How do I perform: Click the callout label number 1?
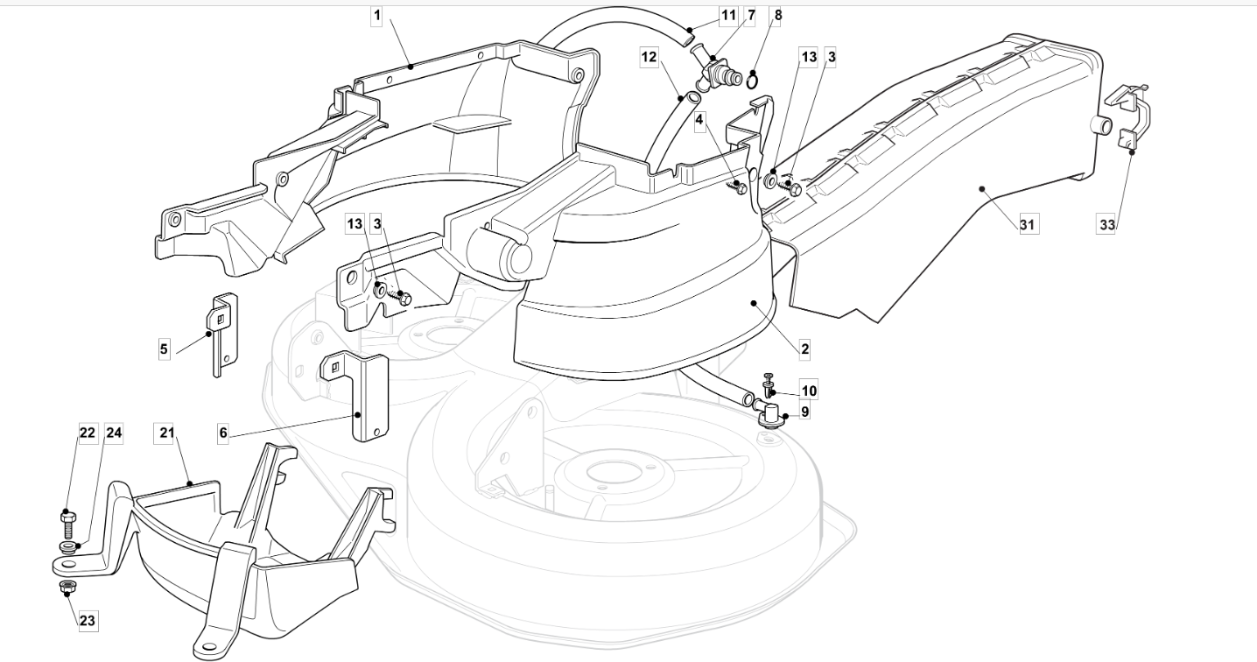(x=377, y=16)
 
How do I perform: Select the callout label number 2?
(x=804, y=349)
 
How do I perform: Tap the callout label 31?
(x=1027, y=224)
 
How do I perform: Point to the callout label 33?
(x=1107, y=224)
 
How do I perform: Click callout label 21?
(x=166, y=433)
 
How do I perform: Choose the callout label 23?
(x=88, y=621)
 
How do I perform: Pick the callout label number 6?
(x=223, y=433)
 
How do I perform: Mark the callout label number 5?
(x=164, y=349)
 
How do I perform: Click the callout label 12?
(x=650, y=57)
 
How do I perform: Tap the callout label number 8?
(x=778, y=15)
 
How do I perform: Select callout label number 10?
(x=809, y=391)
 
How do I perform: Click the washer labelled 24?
(x=67, y=547)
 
